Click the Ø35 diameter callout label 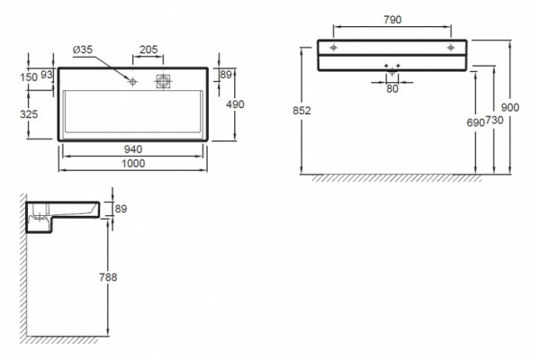83,49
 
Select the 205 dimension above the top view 148,49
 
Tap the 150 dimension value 29,77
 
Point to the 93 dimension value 47,75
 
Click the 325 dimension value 29,114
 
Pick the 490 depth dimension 235,104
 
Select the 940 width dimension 133,149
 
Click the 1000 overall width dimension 133,163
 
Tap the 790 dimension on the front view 392,20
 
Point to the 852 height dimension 301,111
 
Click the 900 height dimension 509,107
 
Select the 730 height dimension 495,121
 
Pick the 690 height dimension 476,122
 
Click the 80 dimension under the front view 392,89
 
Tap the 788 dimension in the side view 108,277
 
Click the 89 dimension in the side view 121,209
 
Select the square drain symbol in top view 163,82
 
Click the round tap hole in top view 132,82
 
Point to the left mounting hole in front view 333,47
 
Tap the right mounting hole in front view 451,47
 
